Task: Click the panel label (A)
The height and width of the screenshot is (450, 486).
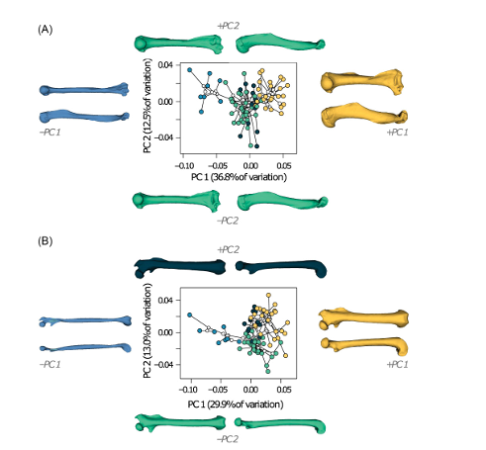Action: point(46,30)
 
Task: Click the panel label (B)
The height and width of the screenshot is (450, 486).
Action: point(46,241)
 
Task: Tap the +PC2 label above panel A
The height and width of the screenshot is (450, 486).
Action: point(228,26)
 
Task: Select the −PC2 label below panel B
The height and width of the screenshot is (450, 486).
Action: point(228,439)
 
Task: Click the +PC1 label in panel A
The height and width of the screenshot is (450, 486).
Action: point(397,133)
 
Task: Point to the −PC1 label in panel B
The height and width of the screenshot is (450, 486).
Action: point(49,364)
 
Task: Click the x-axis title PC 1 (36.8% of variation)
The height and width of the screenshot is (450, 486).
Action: point(239,177)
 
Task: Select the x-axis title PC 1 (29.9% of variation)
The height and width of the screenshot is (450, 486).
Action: point(236,405)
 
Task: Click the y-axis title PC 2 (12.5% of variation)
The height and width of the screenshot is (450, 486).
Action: point(147,106)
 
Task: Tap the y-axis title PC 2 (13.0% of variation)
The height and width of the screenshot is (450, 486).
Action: point(147,330)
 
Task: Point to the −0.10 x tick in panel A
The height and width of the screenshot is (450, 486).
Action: point(184,165)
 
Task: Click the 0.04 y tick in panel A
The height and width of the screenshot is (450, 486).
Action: point(165,65)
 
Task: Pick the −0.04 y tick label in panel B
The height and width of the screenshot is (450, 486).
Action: point(163,364)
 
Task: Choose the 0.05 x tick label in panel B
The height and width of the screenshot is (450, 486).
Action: point(284,390)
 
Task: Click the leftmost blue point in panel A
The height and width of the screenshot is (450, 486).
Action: point(189,70)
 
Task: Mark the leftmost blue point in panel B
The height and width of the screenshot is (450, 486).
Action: point(189,315)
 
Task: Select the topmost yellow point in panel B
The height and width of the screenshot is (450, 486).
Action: point(268,295)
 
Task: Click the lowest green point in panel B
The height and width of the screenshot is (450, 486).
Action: point(268,372)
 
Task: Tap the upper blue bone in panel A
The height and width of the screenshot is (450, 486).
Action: point(84,90)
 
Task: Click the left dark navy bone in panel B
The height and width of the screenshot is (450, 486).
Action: point(180,267)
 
